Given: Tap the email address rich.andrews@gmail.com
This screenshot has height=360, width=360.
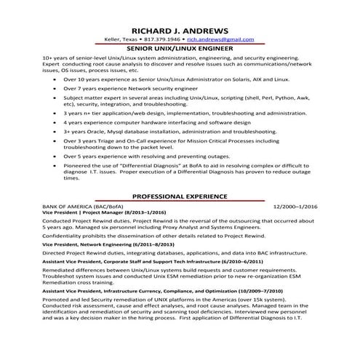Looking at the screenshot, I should [220, 39].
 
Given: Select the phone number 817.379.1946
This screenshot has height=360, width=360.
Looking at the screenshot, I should [163, 39].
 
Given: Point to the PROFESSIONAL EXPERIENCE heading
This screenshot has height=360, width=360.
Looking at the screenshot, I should [179, 196].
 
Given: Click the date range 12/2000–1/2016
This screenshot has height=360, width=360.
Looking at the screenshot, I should [295, 207].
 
